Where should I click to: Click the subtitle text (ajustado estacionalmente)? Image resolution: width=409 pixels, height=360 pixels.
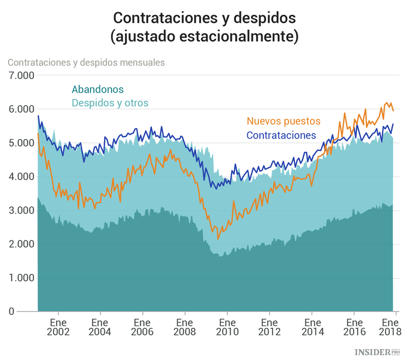click(204, 37)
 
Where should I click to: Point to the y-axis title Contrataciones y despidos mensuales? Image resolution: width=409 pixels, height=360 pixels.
click(86, 62)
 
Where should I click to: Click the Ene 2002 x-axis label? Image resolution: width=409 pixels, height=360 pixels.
click(58, 327)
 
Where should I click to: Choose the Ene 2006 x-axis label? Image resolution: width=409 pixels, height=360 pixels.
click(142, 327)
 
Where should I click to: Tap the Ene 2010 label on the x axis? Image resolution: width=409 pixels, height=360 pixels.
click(227, 327)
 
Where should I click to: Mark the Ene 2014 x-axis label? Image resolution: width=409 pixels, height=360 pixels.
click(312, 327)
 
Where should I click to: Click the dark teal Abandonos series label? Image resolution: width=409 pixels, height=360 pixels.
click(98, 89)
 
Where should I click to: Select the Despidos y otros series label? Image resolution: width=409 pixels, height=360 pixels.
click(110, 103)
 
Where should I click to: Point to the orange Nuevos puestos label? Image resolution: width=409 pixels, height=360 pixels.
click(284, 121)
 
